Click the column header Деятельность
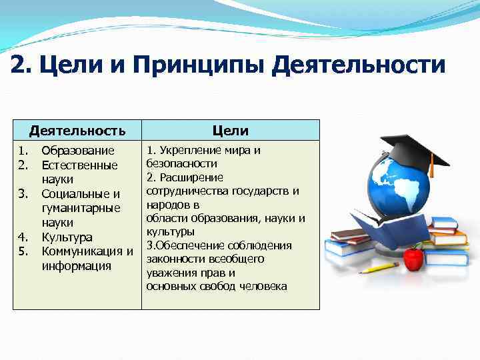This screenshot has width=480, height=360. pyautogui.click(x=77, y=130)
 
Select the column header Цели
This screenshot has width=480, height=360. pyautogui.click(x=230, y=130)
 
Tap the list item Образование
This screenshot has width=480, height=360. pyautogui.click(x=77, y=151)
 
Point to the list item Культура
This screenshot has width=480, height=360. pyautogui.click(x=67, y=237)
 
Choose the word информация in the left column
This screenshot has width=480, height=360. pyautogui.click(x=75, y=266)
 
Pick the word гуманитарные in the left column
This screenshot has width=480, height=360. pyautogui.click(x=80, y=208)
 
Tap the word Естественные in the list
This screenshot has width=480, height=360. pyautogui.click(x=79, y=165)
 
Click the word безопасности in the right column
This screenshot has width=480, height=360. pyautogui.click(x=182, y=163)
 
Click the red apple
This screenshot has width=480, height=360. pyautogui.click(x=414, y=257)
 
